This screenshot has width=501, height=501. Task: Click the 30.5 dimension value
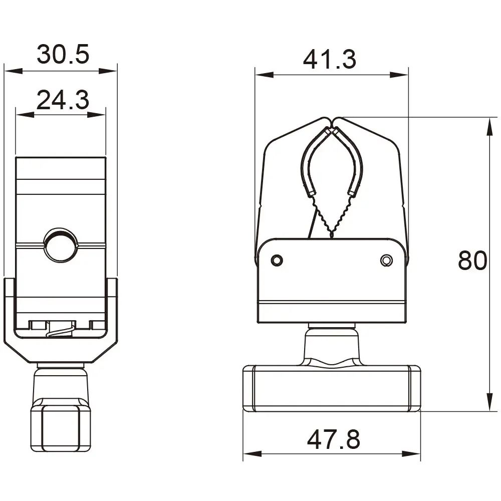(63, 54)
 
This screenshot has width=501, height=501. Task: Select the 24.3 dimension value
(63, 101)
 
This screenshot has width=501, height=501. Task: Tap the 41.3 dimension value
(330, 60)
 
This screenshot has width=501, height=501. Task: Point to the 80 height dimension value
(472, 261)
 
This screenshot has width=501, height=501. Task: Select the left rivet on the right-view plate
(276, 261)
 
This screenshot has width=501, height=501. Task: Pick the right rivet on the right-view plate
(386, 261)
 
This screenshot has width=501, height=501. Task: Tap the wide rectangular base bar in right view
(331, 389)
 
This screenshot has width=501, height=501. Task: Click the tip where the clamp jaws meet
(332, 121)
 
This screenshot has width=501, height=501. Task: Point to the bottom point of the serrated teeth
(332, 235)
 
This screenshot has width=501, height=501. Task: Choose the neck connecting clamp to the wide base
(331, 346)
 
